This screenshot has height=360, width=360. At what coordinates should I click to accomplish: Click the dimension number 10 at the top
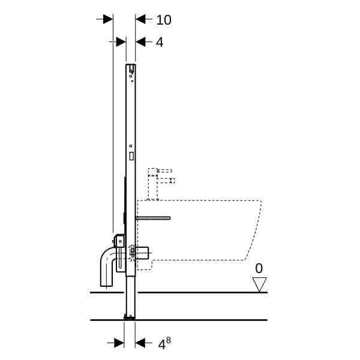point(164,20)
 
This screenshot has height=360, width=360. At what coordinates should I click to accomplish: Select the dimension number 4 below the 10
point(160,42)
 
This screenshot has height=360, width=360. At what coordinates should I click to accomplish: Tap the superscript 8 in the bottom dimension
point(168,340)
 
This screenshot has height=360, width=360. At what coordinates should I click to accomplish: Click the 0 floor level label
point(259,268)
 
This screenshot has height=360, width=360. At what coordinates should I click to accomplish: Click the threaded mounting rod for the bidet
point(153,218)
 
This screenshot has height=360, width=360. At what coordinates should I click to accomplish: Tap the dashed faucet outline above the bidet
point(161,184)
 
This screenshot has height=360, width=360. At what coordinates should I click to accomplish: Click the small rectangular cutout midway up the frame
point(131,156)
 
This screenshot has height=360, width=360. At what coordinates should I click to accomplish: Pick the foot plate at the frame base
point(130,317)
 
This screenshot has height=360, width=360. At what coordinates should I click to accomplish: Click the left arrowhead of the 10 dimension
point(108,19)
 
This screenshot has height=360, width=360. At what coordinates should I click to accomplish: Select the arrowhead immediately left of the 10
point(140,19)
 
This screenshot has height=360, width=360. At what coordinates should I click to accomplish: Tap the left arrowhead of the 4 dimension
point(121,42)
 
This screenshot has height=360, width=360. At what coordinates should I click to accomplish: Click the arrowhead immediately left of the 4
point(140,42)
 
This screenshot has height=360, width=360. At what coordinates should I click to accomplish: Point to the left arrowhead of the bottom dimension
point(119,343)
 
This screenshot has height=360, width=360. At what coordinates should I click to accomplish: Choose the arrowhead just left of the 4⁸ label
point(140,343)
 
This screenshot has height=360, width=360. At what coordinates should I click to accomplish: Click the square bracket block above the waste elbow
point(119,241)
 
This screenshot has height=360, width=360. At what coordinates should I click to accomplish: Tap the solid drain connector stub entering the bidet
point(142,253)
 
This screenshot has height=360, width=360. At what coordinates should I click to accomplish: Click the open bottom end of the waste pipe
point(106,286)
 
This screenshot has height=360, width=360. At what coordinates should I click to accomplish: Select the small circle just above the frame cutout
point(131,146)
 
